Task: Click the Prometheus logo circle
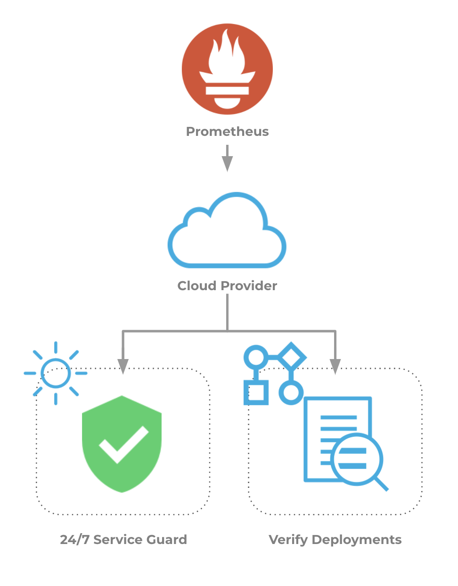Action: point(227,69)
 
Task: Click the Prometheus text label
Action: point(228,132)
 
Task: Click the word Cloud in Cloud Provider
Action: point(197,285)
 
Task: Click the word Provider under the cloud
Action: point(249,285)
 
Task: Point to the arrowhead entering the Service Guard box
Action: point(123,367)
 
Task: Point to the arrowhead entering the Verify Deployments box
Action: point(335,367)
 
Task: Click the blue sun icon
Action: point(56,373)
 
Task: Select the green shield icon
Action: point(122,444)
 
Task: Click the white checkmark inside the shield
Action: point(123,445)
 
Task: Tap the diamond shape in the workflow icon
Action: point(291,357)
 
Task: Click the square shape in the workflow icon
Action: point(256,393)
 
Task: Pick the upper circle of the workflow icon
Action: point(256,357)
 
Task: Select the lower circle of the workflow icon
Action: point(291,393)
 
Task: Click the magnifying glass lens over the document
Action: point(357,459)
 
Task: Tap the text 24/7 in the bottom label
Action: point(74,539)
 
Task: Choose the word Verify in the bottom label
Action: point(288,540)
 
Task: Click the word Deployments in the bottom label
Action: point(357,540)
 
